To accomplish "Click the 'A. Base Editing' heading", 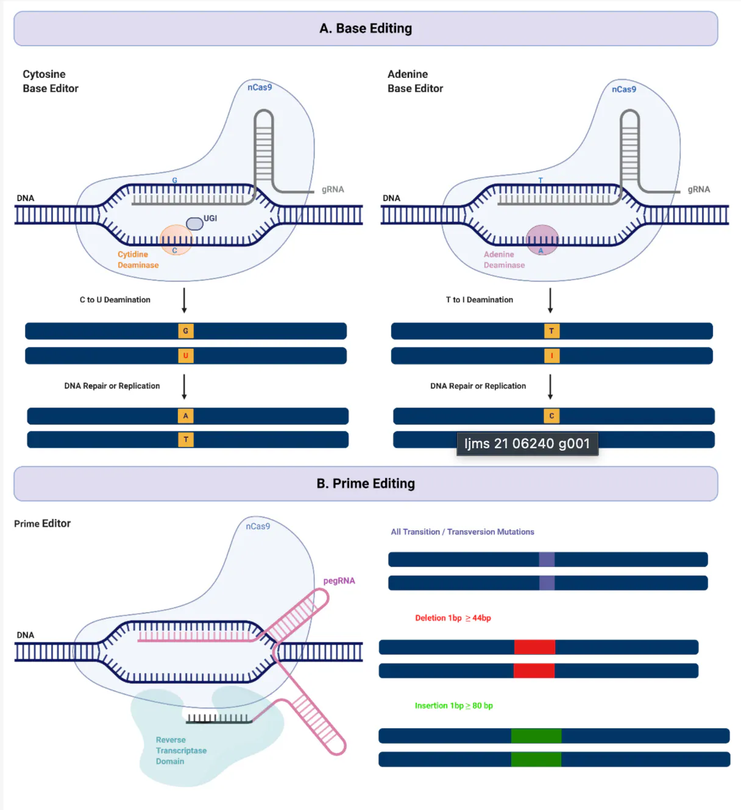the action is (366, 28).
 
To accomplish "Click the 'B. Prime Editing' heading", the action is (366, 484).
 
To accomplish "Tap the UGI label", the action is (210, 218).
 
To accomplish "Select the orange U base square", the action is (185, 356).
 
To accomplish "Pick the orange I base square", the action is (551, 356).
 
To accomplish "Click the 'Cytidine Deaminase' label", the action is (138, 259).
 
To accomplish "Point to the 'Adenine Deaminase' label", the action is (504, 259).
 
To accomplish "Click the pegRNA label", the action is (339, 580).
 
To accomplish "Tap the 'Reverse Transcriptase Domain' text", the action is (181, 750).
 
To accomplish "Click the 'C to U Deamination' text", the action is (115, 300).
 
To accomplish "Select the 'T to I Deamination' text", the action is (479, 300).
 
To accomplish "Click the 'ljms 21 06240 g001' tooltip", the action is (527, 444).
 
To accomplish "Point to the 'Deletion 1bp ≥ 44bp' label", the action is (453, 618).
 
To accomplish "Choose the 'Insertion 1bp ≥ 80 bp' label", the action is (454, 705).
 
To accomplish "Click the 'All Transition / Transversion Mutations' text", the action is (463, 532).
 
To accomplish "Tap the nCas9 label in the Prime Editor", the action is (258, 526).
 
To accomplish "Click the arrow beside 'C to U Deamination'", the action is (184, 300).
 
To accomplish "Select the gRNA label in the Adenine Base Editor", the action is (698, 189).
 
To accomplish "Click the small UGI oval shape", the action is (194, 224).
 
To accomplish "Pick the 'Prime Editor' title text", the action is (43, 523).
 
